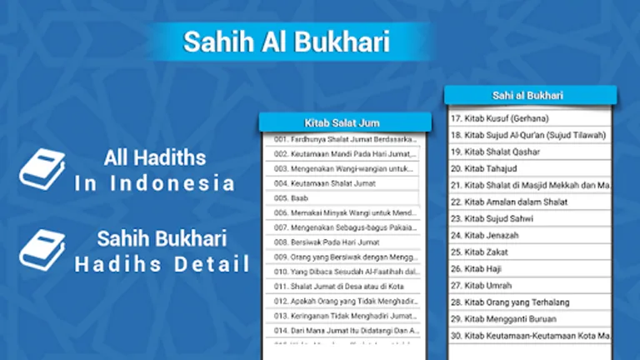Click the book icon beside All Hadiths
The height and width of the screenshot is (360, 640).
pyautogui.click(x=42, y=169)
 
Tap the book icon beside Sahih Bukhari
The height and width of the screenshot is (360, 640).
pyautogui.click(x=42, y=250)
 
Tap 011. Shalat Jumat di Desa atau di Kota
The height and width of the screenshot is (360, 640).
pyautogui.click(x=343, y=286)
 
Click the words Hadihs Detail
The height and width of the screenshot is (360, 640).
pyautogui.click(x=162, y=266)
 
